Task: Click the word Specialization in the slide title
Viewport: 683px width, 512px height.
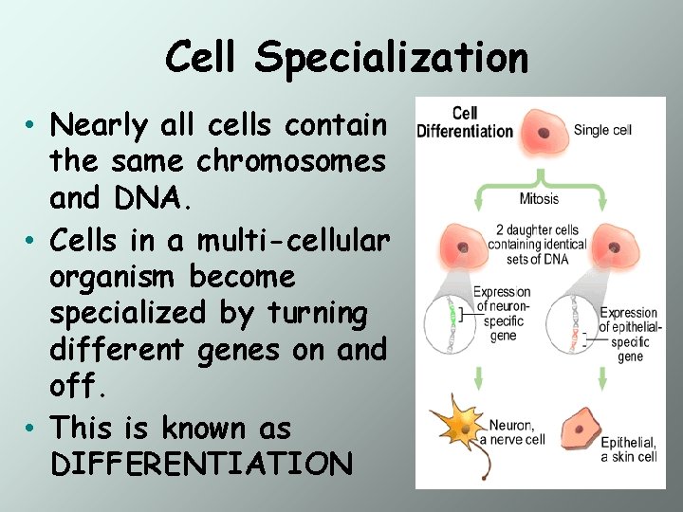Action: point(391,59)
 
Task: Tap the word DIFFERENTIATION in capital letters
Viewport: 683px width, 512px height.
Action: point(201,465)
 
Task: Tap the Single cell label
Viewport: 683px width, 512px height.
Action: point(602,130)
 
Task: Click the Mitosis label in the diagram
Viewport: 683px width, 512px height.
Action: point(539,199)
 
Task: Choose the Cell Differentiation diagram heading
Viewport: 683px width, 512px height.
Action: point(465,123)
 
